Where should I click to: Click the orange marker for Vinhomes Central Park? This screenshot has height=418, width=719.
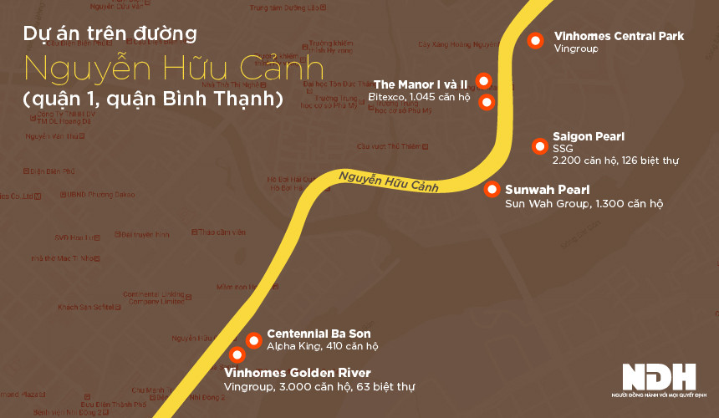tap(536, 39)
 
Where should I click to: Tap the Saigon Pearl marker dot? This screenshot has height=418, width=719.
tap(538, 147)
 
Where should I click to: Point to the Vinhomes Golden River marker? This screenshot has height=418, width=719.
tap(237, 354)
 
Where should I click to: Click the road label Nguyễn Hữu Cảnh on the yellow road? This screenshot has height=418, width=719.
tap(389, 182)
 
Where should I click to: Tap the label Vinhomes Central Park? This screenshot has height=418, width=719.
tap(619, 36)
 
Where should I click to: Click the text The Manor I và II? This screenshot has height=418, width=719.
tap(420, 84)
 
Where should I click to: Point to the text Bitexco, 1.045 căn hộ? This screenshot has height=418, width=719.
tap(419, 98)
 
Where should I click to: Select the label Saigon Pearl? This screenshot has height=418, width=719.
tap(589, 136)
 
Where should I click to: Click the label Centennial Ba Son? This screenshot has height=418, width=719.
tap(319, 334)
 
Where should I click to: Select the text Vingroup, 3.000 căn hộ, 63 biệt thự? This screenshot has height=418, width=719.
tap(319, 387)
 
